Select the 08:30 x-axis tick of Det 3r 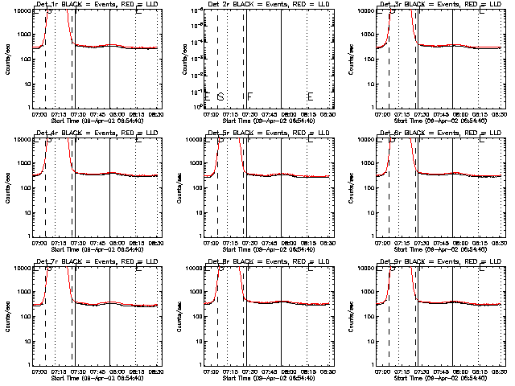click(x=498, y=113)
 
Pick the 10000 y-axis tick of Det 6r click(x=365, y=139)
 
